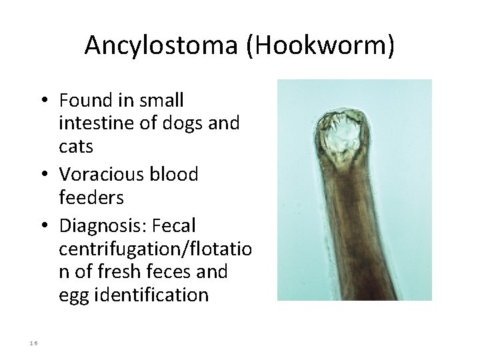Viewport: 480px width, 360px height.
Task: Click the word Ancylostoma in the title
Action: pos(162,45)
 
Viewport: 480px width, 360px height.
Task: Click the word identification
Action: pos(151,295)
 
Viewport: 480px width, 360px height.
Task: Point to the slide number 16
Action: pos(34,343)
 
